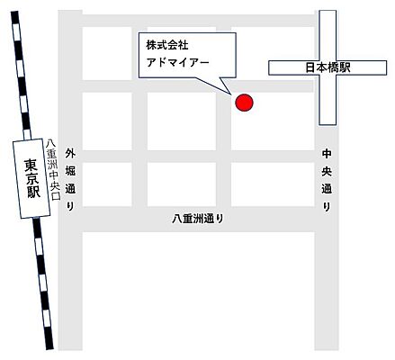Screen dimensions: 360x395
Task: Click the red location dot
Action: tap(244, 103)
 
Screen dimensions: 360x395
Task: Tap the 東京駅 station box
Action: tap(31, 180)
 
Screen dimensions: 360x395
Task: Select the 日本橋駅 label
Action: tap(328, 67)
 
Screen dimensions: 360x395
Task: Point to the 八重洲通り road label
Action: tap(198, 219)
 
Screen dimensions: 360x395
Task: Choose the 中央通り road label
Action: tap(327, 181)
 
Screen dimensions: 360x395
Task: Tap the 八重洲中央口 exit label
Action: tap(53, 175)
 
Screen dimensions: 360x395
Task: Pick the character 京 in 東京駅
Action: tap(31, 180)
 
